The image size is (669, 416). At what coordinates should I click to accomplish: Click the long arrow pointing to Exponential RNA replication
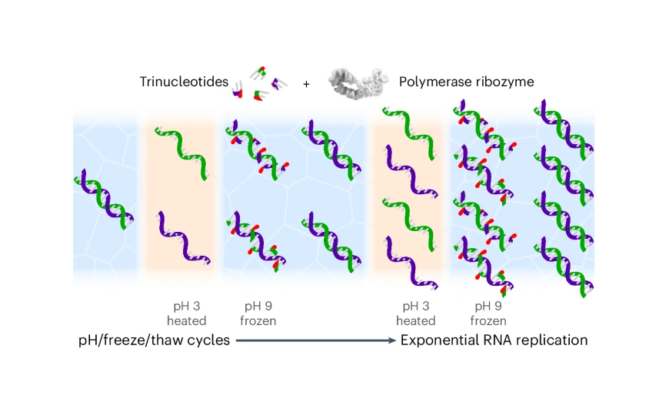pos(315,340)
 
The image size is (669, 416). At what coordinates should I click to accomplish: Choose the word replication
pos(551,340)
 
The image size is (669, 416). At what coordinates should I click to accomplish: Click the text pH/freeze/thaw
pos(127,340)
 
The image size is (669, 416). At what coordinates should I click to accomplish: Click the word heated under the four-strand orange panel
pos(415,320)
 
